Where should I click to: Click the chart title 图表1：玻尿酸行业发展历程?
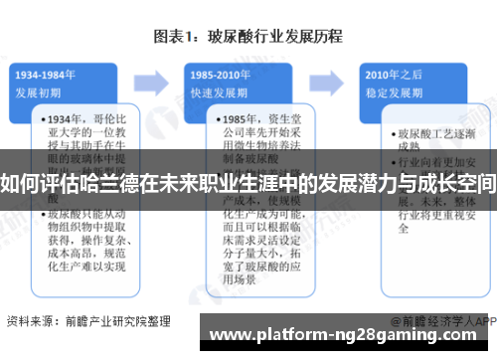248,37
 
